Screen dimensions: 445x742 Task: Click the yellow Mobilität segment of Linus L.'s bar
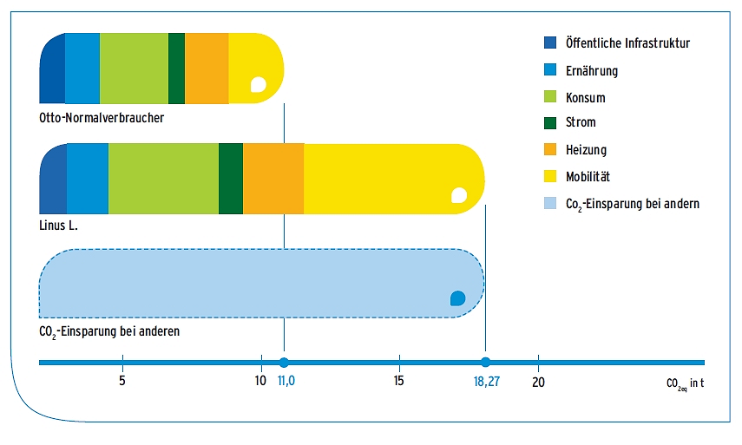pyautogui.click(x=391, y=178)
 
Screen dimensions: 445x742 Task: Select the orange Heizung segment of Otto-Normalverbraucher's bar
pyautogui.click(x=207, y=67)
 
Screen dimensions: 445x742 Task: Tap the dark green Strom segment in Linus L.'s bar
pyautogui.click(x=231, y=178)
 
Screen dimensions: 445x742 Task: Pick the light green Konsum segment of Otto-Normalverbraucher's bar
pyautogui.click(x=134, y=67)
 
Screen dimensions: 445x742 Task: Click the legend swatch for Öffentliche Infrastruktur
pyautogui.click(x=549, y=43)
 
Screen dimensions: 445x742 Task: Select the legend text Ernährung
pyautogui.click(x=592, y=70)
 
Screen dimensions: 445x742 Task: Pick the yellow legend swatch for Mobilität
pyautogui.click(x=549, y=177)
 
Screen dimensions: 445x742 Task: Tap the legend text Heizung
pyautogui.click(x=586, y=150)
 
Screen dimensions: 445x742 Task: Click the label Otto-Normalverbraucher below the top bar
pyautogui.click(x=102, y=117)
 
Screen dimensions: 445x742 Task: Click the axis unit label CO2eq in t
pyautogui.click(x=685, y=383)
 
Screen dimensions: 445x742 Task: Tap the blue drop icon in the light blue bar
pyautogui.click(x=457, y=298)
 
